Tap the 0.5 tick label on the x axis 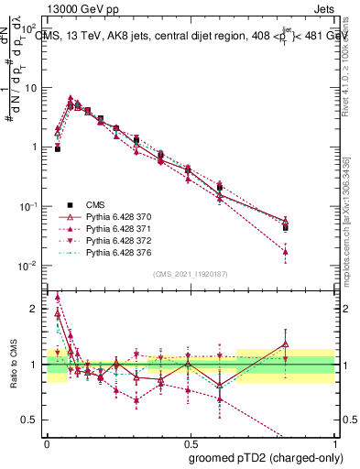[x=189, y=442]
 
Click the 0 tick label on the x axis [x=47, y=442]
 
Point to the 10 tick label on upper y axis [x=30, y=88]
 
